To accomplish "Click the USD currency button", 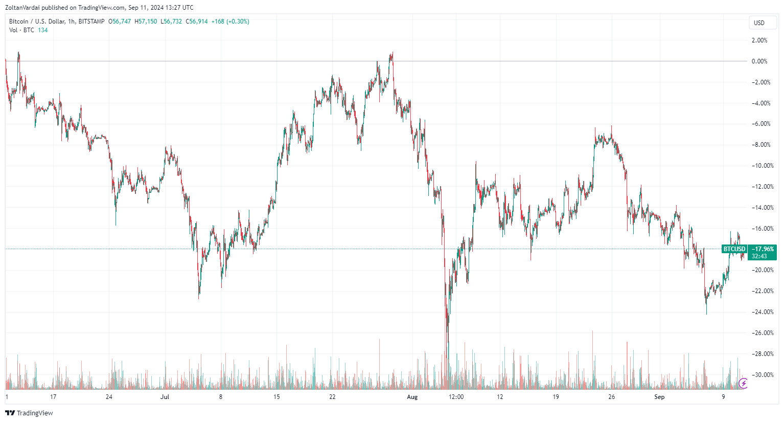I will click(759, 23).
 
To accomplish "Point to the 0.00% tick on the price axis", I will click(759, 61).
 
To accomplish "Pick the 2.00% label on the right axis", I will click(759, 40).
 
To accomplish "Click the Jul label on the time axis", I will click(165, 397).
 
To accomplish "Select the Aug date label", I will click(412, 397).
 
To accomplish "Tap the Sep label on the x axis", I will click(659, 397).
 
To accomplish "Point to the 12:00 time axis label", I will click(456, 397).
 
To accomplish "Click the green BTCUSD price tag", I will click(734, 249).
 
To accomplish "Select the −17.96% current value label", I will click(763, 249).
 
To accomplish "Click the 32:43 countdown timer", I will click(759, 256).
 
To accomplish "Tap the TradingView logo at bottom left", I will click(29, 413).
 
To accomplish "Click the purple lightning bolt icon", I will click(744, 383).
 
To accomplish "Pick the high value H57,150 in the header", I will click(146, 21).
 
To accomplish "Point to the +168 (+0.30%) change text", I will click(230, 21).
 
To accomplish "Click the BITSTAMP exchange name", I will click(91, 21).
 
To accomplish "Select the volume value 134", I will click(42, 30).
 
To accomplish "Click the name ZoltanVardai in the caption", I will click(24, 8).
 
